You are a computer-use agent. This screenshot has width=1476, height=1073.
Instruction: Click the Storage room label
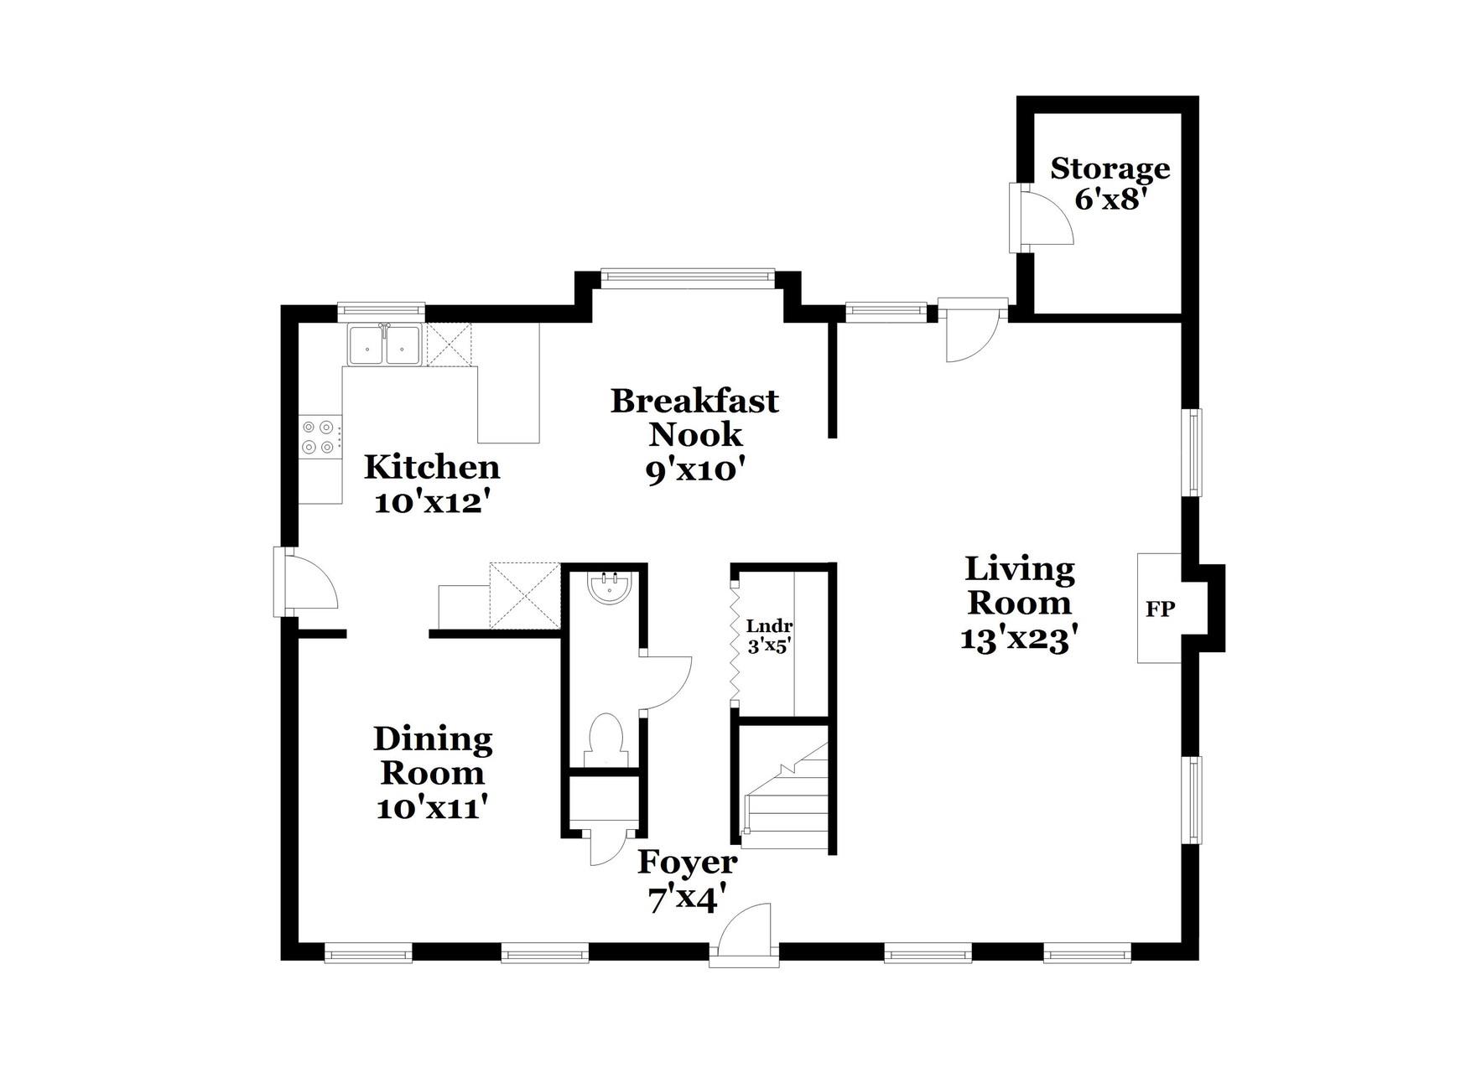[x=1110, y=168]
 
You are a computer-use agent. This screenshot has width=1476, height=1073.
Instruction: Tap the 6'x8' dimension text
[x=1110, y=200]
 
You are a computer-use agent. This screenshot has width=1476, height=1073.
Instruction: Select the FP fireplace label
[x=1160, y=609]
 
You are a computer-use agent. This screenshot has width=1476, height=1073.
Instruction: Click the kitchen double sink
[x=385, y=345]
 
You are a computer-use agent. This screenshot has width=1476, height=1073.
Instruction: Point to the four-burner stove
[x=320, y=438]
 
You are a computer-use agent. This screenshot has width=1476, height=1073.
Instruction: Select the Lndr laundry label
[x=769, y=626]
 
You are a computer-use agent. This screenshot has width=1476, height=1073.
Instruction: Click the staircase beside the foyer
[x=787, y=795]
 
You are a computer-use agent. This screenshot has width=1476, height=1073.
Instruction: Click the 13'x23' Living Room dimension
[x=1017, y=640]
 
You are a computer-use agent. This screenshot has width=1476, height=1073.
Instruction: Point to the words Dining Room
[x=433, y=755]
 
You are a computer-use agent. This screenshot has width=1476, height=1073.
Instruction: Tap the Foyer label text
[x=688, y=861]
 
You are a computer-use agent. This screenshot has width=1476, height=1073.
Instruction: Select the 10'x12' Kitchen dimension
[x=431, y=503]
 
